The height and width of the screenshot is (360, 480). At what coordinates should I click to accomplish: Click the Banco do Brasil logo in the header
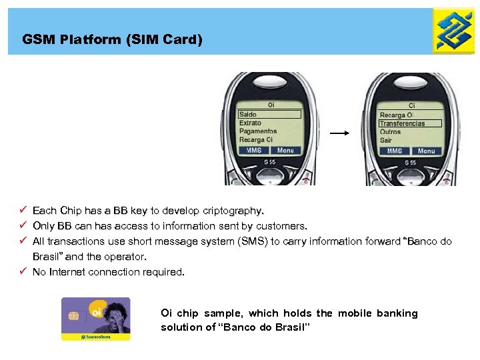click(454, 31)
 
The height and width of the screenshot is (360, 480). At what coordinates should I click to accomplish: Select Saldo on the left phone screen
click(248, 115)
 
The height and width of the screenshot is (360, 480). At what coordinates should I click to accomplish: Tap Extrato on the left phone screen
click(250, 123)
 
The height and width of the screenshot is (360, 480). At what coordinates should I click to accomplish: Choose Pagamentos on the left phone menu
click(258, 131)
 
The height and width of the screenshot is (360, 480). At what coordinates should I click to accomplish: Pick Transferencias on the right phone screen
click(402, 123)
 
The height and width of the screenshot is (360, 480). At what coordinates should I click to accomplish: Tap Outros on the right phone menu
click(391, 132)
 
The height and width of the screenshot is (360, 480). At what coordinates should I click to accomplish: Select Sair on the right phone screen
click(386, 140)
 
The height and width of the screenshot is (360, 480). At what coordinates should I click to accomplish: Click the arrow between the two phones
click(340, 133)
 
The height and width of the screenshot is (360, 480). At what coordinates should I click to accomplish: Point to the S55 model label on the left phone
click(271, 163)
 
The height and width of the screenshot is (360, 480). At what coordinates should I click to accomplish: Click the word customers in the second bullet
click(282, 226)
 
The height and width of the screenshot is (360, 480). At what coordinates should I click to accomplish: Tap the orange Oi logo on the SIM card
click(97, 311)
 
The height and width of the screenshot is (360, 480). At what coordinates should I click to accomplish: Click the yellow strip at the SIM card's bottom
click(95, 337)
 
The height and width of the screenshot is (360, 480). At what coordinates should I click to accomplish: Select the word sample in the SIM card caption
click(225, 313)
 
